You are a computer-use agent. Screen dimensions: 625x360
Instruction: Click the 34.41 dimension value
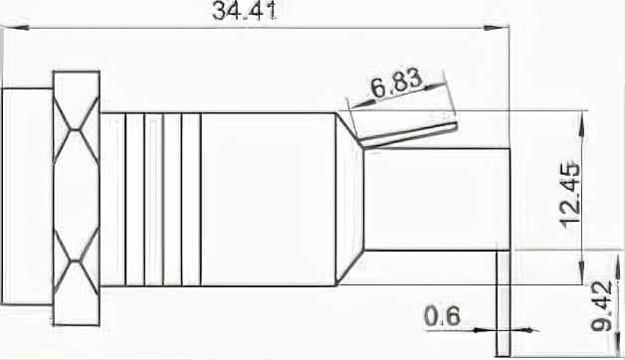click(244, 11)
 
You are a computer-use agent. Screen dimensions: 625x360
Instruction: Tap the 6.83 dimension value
click(396, 84)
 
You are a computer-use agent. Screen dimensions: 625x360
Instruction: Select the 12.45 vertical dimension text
click(570, 196)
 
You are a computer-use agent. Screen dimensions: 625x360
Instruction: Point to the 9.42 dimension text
click(601, 306)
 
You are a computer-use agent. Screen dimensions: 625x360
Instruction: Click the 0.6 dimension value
click(442, 316)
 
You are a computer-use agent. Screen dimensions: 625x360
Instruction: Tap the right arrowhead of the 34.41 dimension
click(496, 28)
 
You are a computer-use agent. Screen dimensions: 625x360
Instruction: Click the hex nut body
click(76, 198)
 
